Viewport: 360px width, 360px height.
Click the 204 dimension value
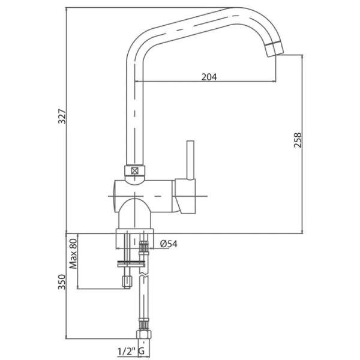click(x=209, y=77)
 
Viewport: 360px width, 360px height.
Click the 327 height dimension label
click(x=62, y=116)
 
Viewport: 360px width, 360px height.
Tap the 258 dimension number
click(x=298, y=140)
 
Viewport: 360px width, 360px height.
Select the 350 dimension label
click(x=62, y=282)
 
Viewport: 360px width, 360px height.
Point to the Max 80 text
click(x=74, y=254)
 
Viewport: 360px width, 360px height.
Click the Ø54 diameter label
click(x=169, y=244)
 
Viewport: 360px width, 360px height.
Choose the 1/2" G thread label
click(x=131, y=351)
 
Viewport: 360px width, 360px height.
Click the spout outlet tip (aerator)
click(x=274, y=49)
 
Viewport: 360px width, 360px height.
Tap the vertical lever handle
click(x=190, y=160)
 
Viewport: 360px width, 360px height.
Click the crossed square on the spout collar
click(x=134, y=171)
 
